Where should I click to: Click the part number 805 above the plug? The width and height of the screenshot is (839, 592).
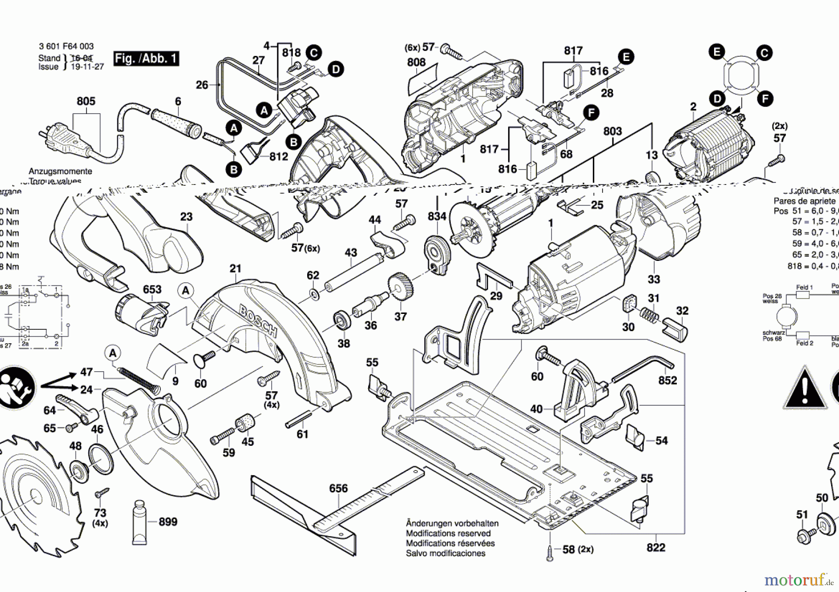(x=86, y=101)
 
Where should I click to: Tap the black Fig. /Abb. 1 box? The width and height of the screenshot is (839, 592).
(x=146, y=59)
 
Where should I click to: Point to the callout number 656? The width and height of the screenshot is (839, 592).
(x=338, y=488)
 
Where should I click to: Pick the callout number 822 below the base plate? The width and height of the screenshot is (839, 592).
(x=655, y=547)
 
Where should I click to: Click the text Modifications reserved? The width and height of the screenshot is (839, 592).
(x=448, y=533)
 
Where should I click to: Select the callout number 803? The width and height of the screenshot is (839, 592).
(x=612, y=131)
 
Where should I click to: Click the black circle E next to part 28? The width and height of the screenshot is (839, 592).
(x=626, y=57)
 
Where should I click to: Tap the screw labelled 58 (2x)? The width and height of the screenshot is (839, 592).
(x=550, y=553)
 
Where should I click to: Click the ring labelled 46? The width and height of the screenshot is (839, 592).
(x=100, y=460)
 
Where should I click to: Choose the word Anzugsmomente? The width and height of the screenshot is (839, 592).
(x=60, y=171)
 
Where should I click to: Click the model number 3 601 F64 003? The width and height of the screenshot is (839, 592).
(x=66, y=46)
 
